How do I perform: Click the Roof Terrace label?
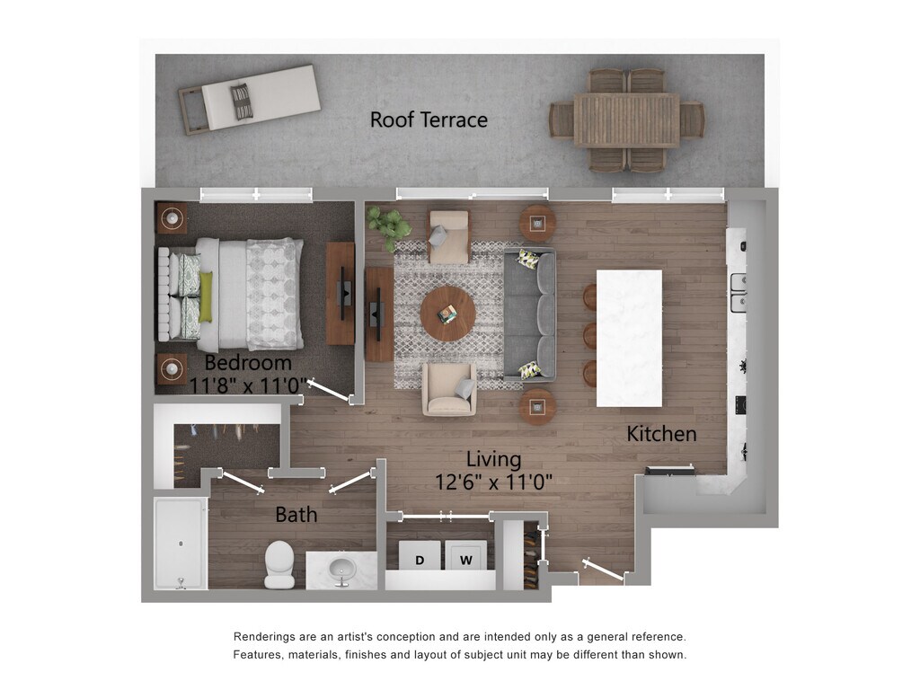[x=429, y=119]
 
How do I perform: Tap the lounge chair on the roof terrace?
[x=249, y=99]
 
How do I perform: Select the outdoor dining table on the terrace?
[x=627, y=119]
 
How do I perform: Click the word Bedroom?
[x=248, y=363]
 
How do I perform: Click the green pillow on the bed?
[x=206, y=296]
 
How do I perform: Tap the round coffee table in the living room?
[x=447, y=314]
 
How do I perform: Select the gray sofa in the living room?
[x=529, y=314]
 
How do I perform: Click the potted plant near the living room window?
[x=388, y=226]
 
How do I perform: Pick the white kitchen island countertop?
[x=629, y=338]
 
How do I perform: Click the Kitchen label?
[x=661, y=434]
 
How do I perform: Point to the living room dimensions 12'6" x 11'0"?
[x=493, y=482]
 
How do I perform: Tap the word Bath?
[x=296, y=515]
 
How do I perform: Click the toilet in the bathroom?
[x=279, y=564]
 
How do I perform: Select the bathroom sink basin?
[x=341, y=569]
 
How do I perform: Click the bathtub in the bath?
[x=180, y=544]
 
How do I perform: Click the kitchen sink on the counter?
[x=739, y=292]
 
